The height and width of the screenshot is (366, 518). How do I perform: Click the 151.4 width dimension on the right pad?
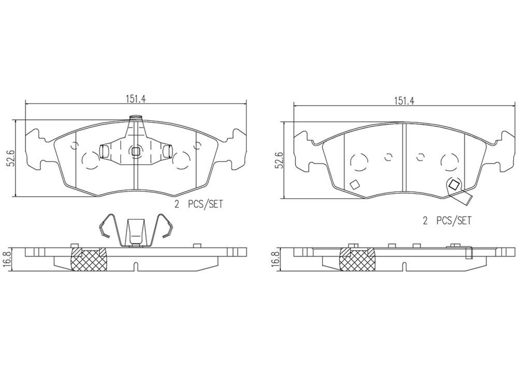[405, 101]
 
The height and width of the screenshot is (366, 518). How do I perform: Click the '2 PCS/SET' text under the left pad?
[198, 204]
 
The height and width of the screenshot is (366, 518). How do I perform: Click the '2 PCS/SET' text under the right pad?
[447, 221]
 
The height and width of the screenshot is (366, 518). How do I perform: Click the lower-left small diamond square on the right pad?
[355, 184]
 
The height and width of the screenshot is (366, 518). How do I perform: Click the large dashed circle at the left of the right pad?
[357, 163]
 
